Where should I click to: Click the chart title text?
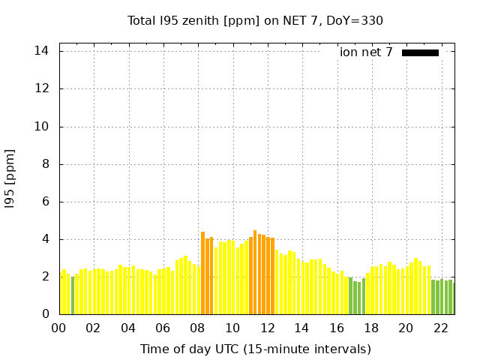tap(255, 20)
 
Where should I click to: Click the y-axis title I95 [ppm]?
tap(10, 178)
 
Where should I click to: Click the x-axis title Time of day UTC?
tap(255, 349)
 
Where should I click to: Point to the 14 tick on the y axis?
tap(42, 51)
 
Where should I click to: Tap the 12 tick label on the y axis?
tap(42, 88)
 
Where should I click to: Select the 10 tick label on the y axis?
tap(42, 127)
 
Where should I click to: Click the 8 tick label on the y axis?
tap(45, 164)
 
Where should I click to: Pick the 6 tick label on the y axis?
tap(45, 202)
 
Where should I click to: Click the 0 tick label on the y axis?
tap(45, 314)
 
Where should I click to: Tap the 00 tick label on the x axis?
tap(59, 328)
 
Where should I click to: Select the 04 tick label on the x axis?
tap(128, 328)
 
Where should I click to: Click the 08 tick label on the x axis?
tap(198, 328)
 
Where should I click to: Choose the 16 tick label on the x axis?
tap(337, 328)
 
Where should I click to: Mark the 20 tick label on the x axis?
tap(406, 328)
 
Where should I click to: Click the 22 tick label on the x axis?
tap(440, 328)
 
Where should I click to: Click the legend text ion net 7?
tap(366, 52)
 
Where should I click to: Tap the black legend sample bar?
tap(420, 52)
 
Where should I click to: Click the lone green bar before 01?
tap(73, 295)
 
